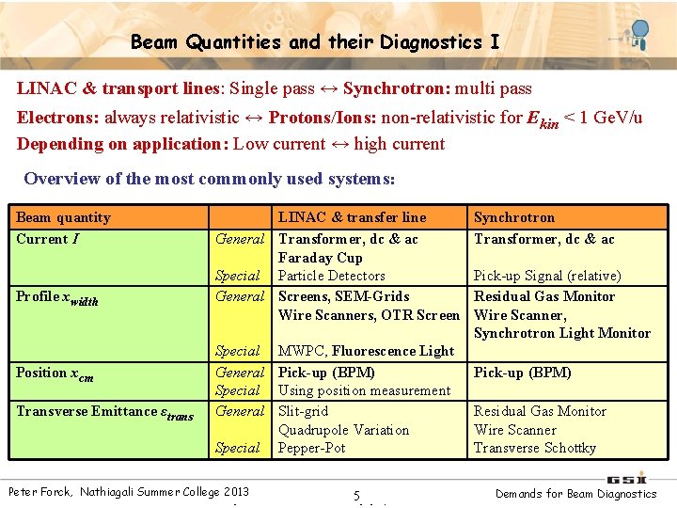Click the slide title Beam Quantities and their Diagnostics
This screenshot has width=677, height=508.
315,42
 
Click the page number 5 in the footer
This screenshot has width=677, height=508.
356,496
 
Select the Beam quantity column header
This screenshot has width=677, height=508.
63,217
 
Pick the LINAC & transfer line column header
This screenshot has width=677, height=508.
352,217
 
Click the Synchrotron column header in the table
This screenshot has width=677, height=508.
513,217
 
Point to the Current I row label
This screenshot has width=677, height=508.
47,239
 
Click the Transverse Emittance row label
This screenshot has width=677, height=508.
104,411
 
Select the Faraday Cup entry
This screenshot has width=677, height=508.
320,258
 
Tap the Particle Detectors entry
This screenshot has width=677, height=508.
331,276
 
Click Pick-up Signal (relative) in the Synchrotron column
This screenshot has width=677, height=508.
546,276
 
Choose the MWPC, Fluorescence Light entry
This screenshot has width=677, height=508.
366,351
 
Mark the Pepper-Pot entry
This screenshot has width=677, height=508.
311,448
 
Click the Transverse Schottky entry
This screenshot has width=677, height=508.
534,448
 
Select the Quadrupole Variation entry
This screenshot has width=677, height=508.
343,430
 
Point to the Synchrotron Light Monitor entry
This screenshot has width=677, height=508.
561,333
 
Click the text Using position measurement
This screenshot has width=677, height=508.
364,390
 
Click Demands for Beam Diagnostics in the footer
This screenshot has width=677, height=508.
576,493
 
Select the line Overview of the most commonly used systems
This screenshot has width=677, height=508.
209,179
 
